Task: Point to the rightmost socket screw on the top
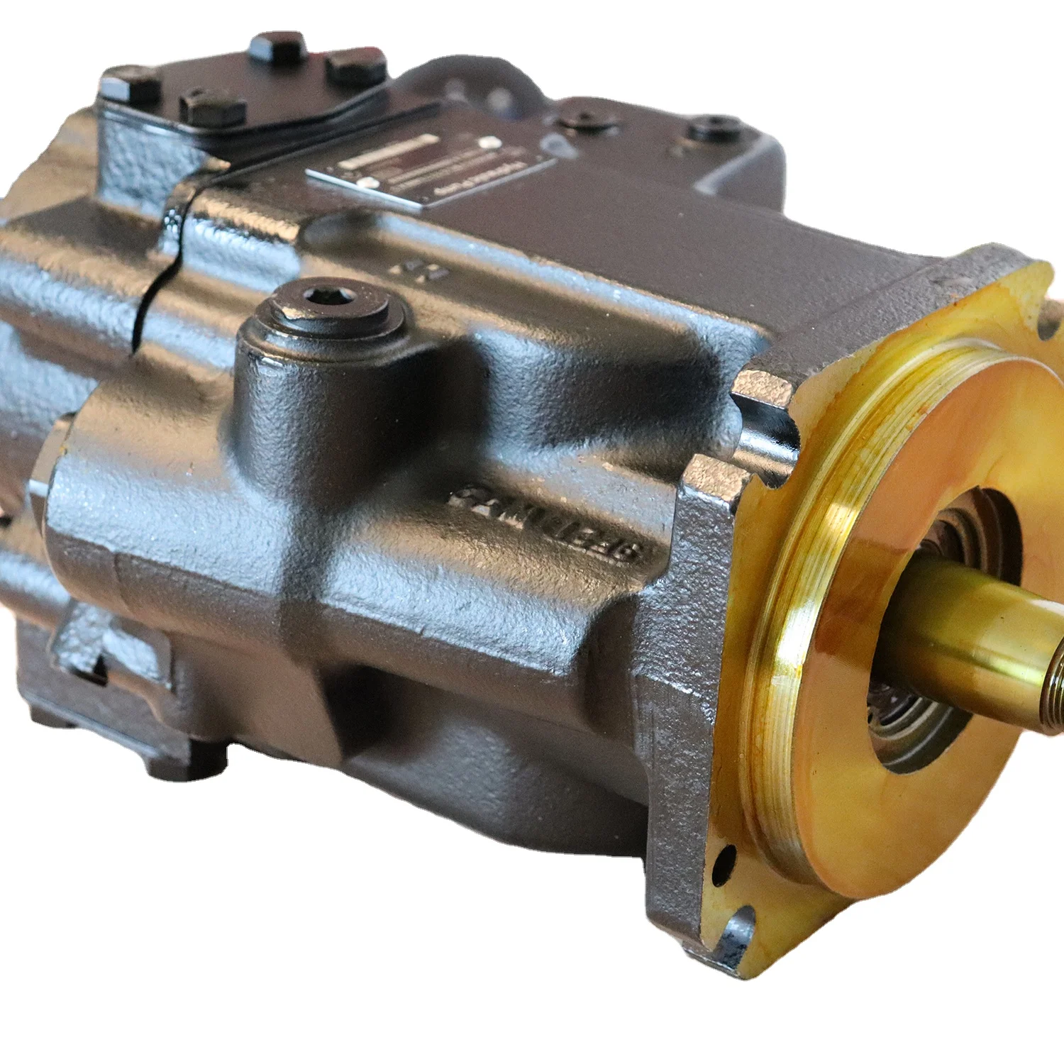click(716, 130)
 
